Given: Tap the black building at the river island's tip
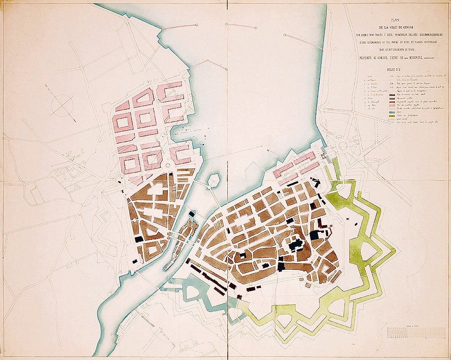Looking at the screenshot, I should (192, 215).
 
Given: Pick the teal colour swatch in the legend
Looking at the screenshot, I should (392, 112).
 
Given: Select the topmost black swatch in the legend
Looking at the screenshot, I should (392, 95).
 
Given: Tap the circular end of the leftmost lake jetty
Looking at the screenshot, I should (164, 29).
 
